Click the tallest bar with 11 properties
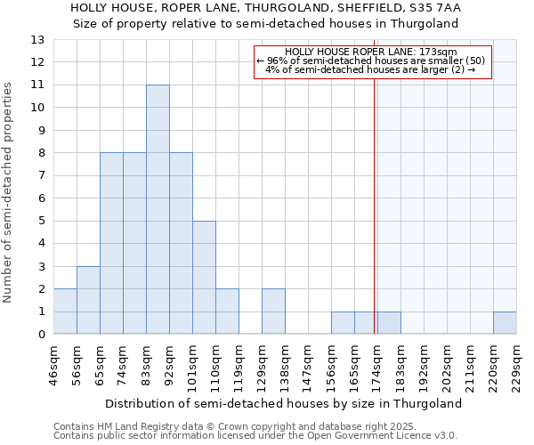click(158, 209)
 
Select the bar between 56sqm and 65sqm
click(88, 300)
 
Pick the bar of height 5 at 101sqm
click(204, 277)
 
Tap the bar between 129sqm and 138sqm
click(273, 311)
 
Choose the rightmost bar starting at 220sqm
click(505, 323)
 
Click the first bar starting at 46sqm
click(65, 311)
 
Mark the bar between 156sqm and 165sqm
click(343, 323)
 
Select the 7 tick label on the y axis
click(40, 175)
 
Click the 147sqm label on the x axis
click(308, 365)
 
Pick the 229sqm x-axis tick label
click(516, 365)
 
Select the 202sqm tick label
click(447, 365)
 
